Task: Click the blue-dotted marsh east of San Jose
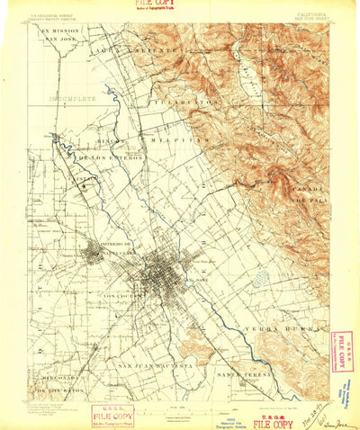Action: point(262,281)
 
